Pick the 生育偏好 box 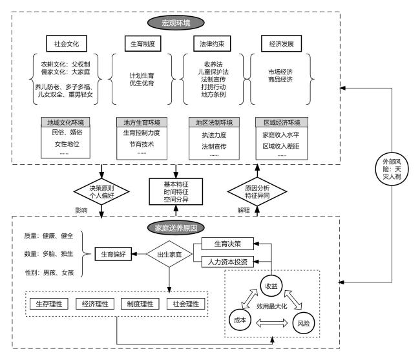click(115, 255)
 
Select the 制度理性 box click(142, 304)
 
